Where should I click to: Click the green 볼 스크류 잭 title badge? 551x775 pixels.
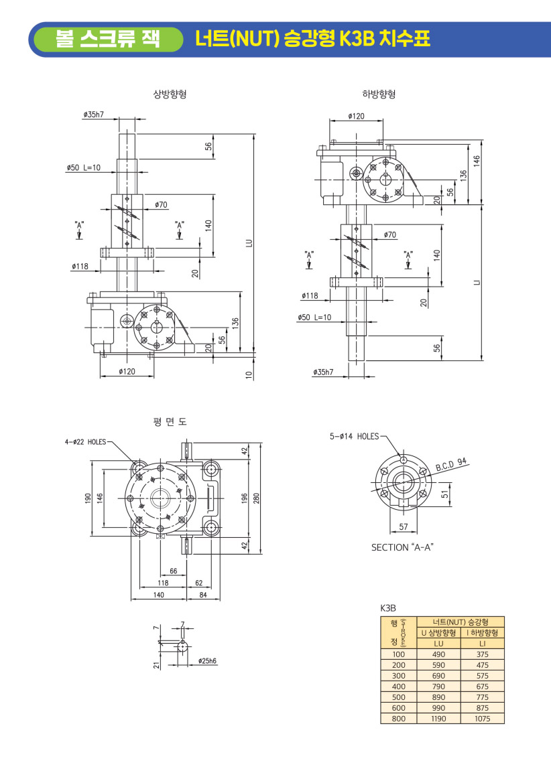[x=107, y=39]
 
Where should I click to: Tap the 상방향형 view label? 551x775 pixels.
[x=170, y=94]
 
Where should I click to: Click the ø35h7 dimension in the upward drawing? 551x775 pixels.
[x=93, y=115]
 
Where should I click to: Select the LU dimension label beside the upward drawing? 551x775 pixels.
[x=248, y=243]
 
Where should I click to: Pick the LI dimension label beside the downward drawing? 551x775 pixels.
[x=477, y=283]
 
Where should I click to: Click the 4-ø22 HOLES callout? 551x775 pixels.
[x=85, y=441]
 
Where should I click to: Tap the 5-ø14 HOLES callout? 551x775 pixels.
[x=354, y=436]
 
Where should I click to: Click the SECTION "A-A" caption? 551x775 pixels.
[x=403, y=547]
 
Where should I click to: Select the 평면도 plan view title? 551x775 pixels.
[x=170, y=421]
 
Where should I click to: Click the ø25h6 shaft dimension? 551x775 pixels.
[x=207, y=661]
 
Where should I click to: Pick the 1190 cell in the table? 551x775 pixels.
[x=439, y=718]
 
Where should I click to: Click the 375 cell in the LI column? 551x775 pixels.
[x=482, y=654]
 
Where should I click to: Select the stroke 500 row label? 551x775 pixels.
[x=399, y=697]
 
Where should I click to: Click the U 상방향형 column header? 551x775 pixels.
[x=439, y=632]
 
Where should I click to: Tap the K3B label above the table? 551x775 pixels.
[x=389, y=608]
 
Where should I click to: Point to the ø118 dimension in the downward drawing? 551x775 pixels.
[x=310, y=295]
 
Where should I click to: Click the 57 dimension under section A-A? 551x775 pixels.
[x=404, y=527]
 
